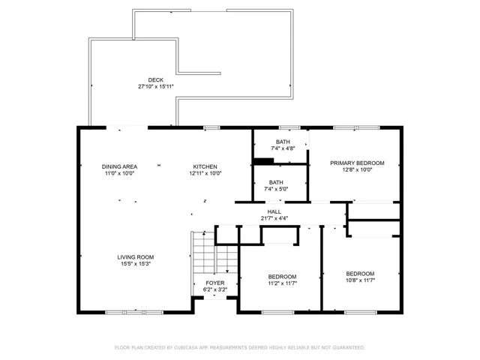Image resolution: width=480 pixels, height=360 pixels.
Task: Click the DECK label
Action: pyautogui.click(x=156, y=80)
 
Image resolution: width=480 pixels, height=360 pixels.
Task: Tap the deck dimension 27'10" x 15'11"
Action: pyautogui.click(x=156, y=87)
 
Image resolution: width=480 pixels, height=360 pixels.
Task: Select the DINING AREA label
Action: pyautogui.click(x=119, y=166)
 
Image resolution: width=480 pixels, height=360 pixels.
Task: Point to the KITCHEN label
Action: pyautogui.click(x=205, y=166)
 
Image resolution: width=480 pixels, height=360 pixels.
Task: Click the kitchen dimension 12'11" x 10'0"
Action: pyautogui.click(x=205, y=173)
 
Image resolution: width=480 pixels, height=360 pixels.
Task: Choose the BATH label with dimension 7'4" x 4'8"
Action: pyautogui.click(x=283, y=142)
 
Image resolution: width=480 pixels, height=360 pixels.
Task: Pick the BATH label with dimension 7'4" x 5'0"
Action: pyautogui.click(x=276, y=182)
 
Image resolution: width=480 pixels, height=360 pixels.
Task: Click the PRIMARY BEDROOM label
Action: pyautogui.click(x=357, y=163)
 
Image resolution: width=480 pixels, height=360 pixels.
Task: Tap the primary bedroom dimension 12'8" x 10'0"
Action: pyautogui.click(x=357, y=170)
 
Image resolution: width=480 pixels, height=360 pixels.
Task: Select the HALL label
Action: pyautogui.click(x=274, y=211)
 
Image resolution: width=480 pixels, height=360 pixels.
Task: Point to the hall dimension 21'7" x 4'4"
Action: pyautogui.click(x=274, y=218)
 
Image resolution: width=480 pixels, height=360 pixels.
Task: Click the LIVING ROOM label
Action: pyautogui.click(x=136, y=257)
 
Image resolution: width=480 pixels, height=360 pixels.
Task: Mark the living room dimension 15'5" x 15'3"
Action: pyautogui.click(x=136, y=264)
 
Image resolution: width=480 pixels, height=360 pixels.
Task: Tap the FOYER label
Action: pyautogui.click(x=215, y=283)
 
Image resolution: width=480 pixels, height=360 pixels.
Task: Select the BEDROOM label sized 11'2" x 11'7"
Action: pyautogui.click(x=283, y=277)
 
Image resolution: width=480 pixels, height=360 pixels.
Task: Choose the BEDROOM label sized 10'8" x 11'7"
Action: pyautogui.click(x=360, y=274)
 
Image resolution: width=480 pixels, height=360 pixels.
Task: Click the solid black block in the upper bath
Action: pyautogui.click(x=264, y=160)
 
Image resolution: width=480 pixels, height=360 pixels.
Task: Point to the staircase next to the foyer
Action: pyautogui.click(x=215, y=253)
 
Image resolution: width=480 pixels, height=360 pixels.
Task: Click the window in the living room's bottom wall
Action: pyautogui.click(x=134, y=313)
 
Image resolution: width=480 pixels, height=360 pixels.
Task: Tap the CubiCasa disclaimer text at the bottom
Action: pyautogui.click(x=240, y=348)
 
